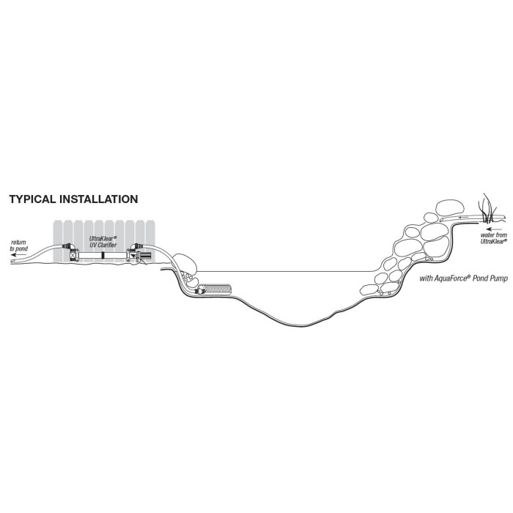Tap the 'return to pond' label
tap(18, 246)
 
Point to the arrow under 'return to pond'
tap(18, 254)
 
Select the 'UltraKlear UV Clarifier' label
tap(103, 241)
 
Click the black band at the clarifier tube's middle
tap(103, 255)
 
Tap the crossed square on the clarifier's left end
tap(73, 255)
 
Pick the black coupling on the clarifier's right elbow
tap(137, 246)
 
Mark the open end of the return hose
tap(12, 262)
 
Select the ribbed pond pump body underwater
tap(215, 289)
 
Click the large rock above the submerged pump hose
tap(185, 264)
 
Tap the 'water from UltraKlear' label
tap(493, 238)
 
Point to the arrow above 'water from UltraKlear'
tap(494, 229)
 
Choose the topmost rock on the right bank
tap(450, 207)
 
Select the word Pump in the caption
tap(499, 278)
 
